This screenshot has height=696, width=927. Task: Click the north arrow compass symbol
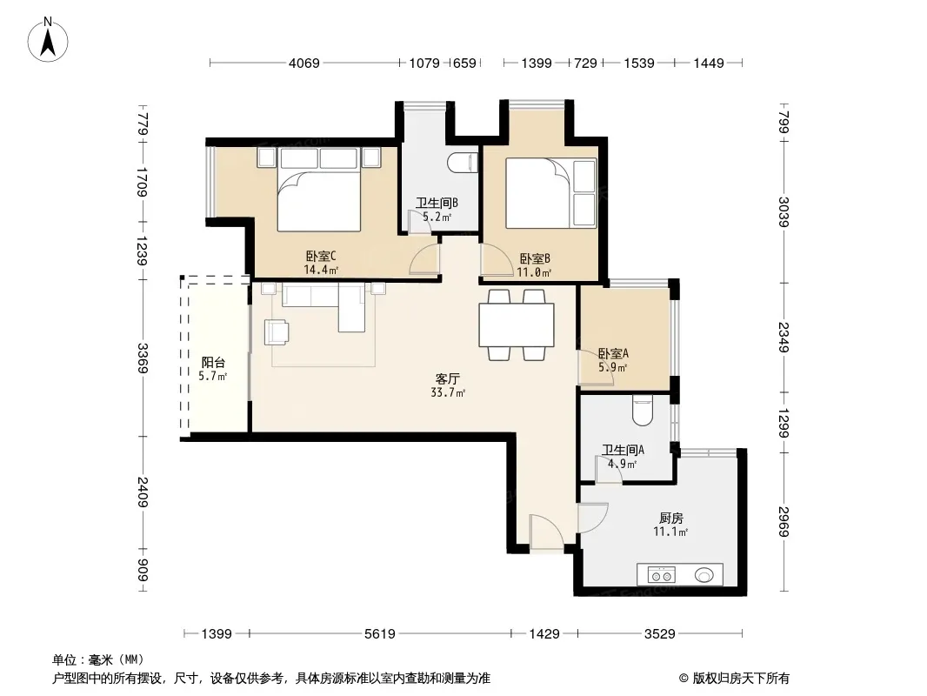click(48, 40)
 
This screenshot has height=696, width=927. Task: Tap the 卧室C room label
click(321, 256)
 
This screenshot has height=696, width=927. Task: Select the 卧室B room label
click(535, 258)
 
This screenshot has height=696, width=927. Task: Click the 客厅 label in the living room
click(448, 378)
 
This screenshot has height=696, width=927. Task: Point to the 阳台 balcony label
click(213, 363)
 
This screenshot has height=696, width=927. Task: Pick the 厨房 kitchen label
click(671, 518)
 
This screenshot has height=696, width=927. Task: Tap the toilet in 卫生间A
click(642, 411)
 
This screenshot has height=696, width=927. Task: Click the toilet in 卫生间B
click(463, 164)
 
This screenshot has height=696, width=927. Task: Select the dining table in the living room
click(517, 325)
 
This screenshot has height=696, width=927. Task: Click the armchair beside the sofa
click(277, 331)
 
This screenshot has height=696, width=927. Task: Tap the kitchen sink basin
click(704, 575)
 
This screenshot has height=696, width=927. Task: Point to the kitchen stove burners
click(662, 575)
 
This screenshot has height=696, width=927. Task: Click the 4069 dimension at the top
click(303, 63)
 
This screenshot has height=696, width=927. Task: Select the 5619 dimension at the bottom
click(379, 634)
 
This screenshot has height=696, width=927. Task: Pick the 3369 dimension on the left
click(143, 358)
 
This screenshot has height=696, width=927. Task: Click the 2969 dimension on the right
click(784, 521)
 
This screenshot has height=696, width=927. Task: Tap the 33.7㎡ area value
click(448, 392)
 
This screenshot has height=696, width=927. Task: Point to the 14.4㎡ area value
click(321, 271)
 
